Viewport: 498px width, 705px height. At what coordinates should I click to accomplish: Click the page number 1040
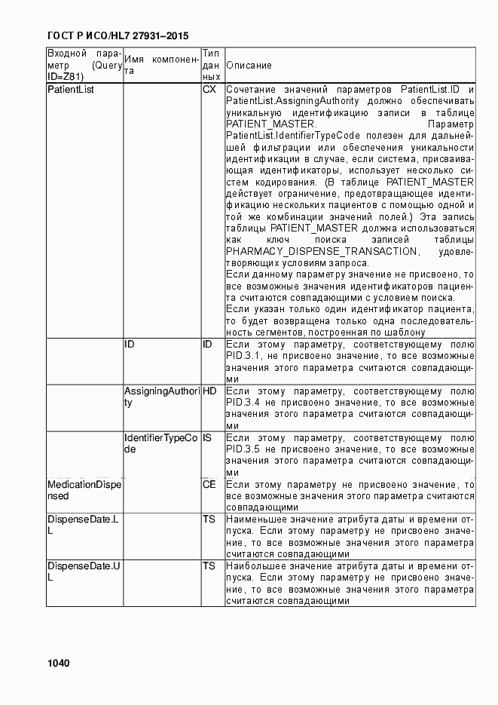pos(58,664)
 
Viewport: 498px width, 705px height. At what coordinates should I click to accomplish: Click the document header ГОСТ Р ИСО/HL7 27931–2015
pos(118,35)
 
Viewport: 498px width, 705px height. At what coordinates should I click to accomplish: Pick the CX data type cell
pos(209,90)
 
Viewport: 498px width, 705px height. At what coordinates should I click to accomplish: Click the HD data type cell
pos(209,391)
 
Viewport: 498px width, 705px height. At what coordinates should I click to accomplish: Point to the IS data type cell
pos(207,438)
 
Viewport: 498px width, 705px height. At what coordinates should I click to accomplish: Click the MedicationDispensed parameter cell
pos(83,490)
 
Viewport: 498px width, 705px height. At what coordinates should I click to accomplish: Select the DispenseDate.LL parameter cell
pos(83,526)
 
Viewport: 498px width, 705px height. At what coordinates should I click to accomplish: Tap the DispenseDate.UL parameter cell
pos(83,572)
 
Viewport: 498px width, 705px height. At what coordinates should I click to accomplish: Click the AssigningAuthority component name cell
pos(161,397)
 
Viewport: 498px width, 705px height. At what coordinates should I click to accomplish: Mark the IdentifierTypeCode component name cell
pos(160,443)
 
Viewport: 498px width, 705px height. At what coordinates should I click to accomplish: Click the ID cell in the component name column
pos(130,345)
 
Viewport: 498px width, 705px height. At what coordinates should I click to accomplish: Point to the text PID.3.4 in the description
pos(243,403)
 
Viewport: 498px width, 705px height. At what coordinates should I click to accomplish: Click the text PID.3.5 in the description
pos(243,449)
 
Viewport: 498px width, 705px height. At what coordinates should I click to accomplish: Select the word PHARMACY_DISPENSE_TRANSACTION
pos(321,251)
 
